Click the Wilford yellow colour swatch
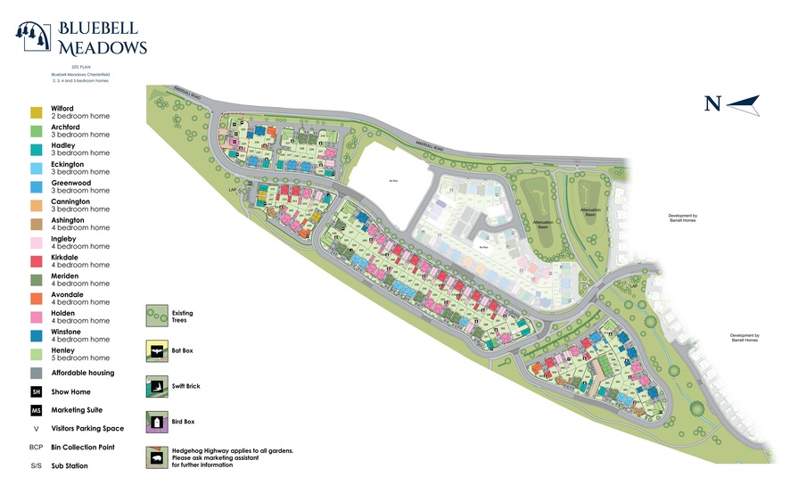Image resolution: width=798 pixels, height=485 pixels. coord(36,112)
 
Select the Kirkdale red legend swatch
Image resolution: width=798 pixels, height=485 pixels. coord(36,261)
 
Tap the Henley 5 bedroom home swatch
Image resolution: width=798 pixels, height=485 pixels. coord(36,354)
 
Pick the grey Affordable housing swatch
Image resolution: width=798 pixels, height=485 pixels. coord(36,373)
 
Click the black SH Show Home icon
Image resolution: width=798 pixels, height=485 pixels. coord(36,391)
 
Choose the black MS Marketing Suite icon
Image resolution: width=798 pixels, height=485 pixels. coord(36,410)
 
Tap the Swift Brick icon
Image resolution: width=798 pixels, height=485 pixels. coord(157,387)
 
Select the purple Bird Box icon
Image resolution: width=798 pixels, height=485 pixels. coord(157,422)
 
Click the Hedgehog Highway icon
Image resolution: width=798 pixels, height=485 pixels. coord(157,457)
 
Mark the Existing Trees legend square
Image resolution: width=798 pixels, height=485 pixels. coord(157,315)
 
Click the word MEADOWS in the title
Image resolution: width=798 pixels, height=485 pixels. coord(103,47)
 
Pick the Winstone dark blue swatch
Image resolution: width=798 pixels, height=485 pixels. coord(36,335)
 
